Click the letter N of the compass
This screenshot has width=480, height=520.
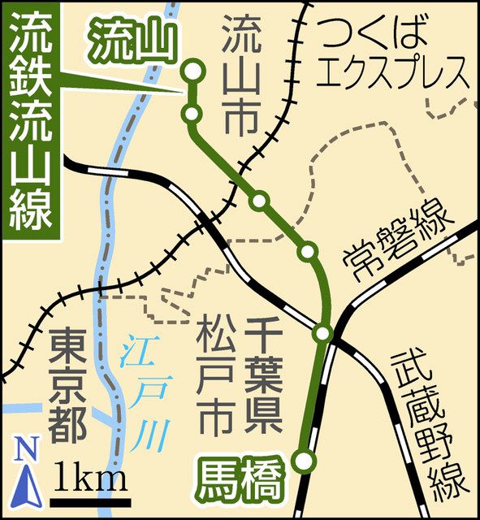(27, 448)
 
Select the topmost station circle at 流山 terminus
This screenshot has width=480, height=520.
(193, 71)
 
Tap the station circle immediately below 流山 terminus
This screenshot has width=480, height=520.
(192, 114)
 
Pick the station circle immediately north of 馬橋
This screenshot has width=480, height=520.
(322, 333)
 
